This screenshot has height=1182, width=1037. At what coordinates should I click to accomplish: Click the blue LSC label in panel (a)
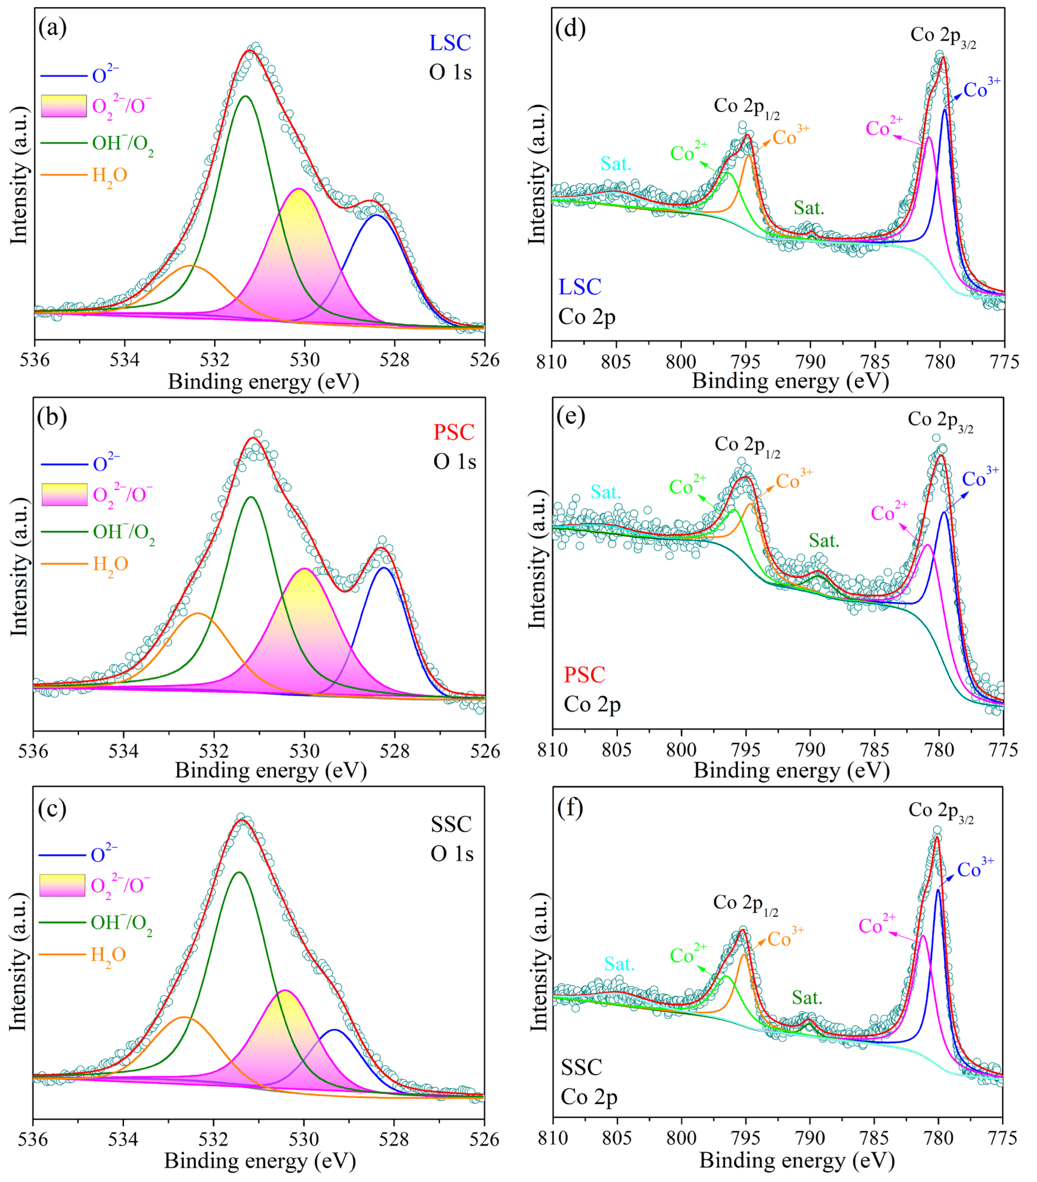coord(450,43)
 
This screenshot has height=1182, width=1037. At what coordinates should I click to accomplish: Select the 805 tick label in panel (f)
coord(617,1138)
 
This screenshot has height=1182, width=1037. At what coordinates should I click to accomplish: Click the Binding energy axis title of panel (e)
coord(791,771)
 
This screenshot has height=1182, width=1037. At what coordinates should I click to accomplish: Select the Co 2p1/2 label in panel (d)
coord(746,107)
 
